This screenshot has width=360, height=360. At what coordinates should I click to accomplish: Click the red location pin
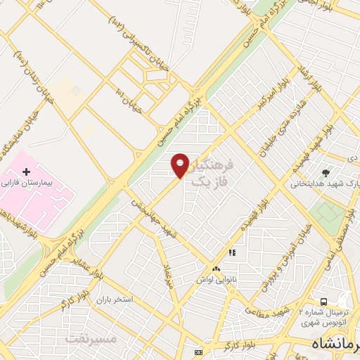pos(181,165)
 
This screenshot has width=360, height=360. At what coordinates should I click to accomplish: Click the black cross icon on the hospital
pos(27,172)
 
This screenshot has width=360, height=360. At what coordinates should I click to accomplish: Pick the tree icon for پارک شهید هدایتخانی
pos(325,172)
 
